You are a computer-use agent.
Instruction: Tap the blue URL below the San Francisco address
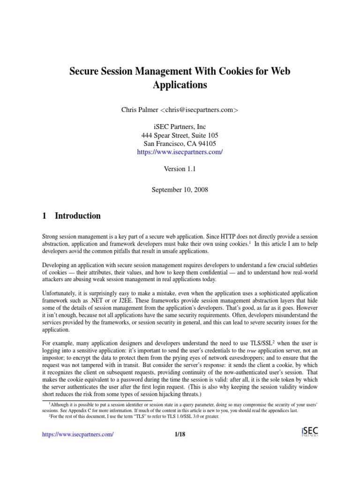pyautogui.click(x=180, y=152)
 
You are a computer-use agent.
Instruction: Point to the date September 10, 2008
pyautogui.click(x=180, y=190)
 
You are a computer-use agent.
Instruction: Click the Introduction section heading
pyautogui.click(x=77, y=216)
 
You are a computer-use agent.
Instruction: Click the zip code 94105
pyautogui.click(x=207, y=143)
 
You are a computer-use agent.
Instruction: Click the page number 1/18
pyautogui.click(x=180, y=435)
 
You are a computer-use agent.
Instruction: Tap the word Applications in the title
pyautogui.click(x=180, y=86)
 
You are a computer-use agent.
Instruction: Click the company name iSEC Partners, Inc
pyautogui.click(x=180, y=127)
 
